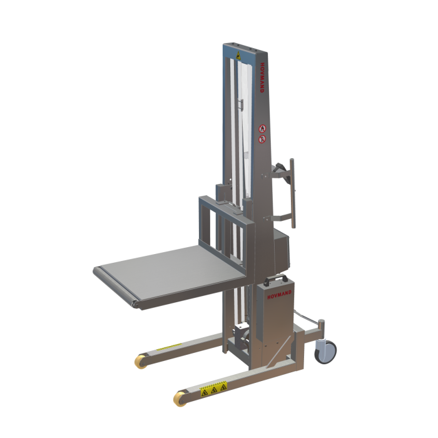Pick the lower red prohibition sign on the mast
[x=262, y=138]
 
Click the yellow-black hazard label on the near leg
[x=213, y=390]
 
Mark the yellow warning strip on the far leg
[x=167, y=348]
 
